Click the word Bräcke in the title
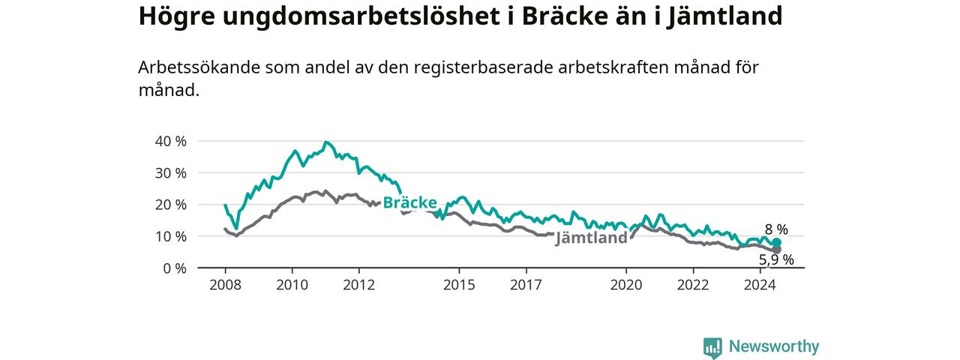(x=565, y=16)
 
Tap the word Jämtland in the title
(x=724, y=17)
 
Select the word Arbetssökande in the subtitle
(x=199, y=67)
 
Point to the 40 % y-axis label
(x=170, y=141)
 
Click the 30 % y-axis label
(x=170, y=173)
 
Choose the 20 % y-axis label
(x=170, y=205)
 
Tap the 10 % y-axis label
(x=170, y=236)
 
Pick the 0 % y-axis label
(x=175, y=268)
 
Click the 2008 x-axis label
(x=226, y=285)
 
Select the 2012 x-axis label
(x=359, y=285)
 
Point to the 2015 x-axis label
(x=459, y=285)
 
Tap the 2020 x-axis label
(x=626, y=285)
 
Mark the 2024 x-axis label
(x=760, y=285)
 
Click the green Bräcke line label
(x=409, y=202)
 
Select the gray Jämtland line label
(x=592, y=238)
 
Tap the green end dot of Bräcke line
(x=776, y=242)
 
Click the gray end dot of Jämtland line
(x=776, y=250)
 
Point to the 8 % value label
(x=776, y=229)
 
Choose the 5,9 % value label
(x=776, y=259)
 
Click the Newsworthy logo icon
(x=712, y=347)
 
